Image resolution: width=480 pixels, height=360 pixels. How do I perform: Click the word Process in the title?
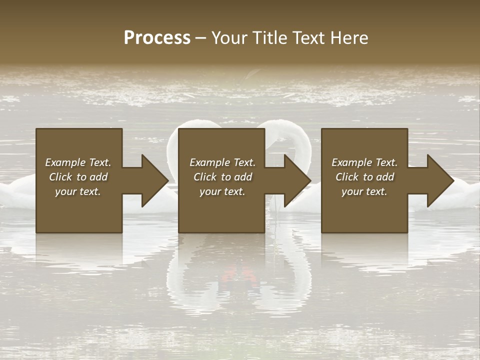coord(157,38)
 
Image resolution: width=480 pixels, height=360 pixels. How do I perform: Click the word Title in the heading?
coord(268,38)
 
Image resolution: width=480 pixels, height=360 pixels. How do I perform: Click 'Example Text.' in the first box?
coord(78,162)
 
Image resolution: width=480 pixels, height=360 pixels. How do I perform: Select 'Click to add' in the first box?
coord(78,177)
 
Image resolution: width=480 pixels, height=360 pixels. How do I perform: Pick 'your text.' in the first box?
coord(78,191)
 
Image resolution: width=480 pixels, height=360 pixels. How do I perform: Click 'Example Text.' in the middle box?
coord(222,162)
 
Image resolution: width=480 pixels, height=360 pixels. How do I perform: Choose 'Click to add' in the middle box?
coord(222,177)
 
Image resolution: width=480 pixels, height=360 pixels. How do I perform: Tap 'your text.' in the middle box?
coord(222,191)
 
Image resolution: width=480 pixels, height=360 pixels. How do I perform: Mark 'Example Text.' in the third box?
coord(364,162)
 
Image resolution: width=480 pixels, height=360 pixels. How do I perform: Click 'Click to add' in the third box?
coord(364,177)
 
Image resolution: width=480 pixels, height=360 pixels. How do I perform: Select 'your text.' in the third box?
coord(364,191)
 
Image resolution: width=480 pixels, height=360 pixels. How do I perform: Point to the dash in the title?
coord(201,38)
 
